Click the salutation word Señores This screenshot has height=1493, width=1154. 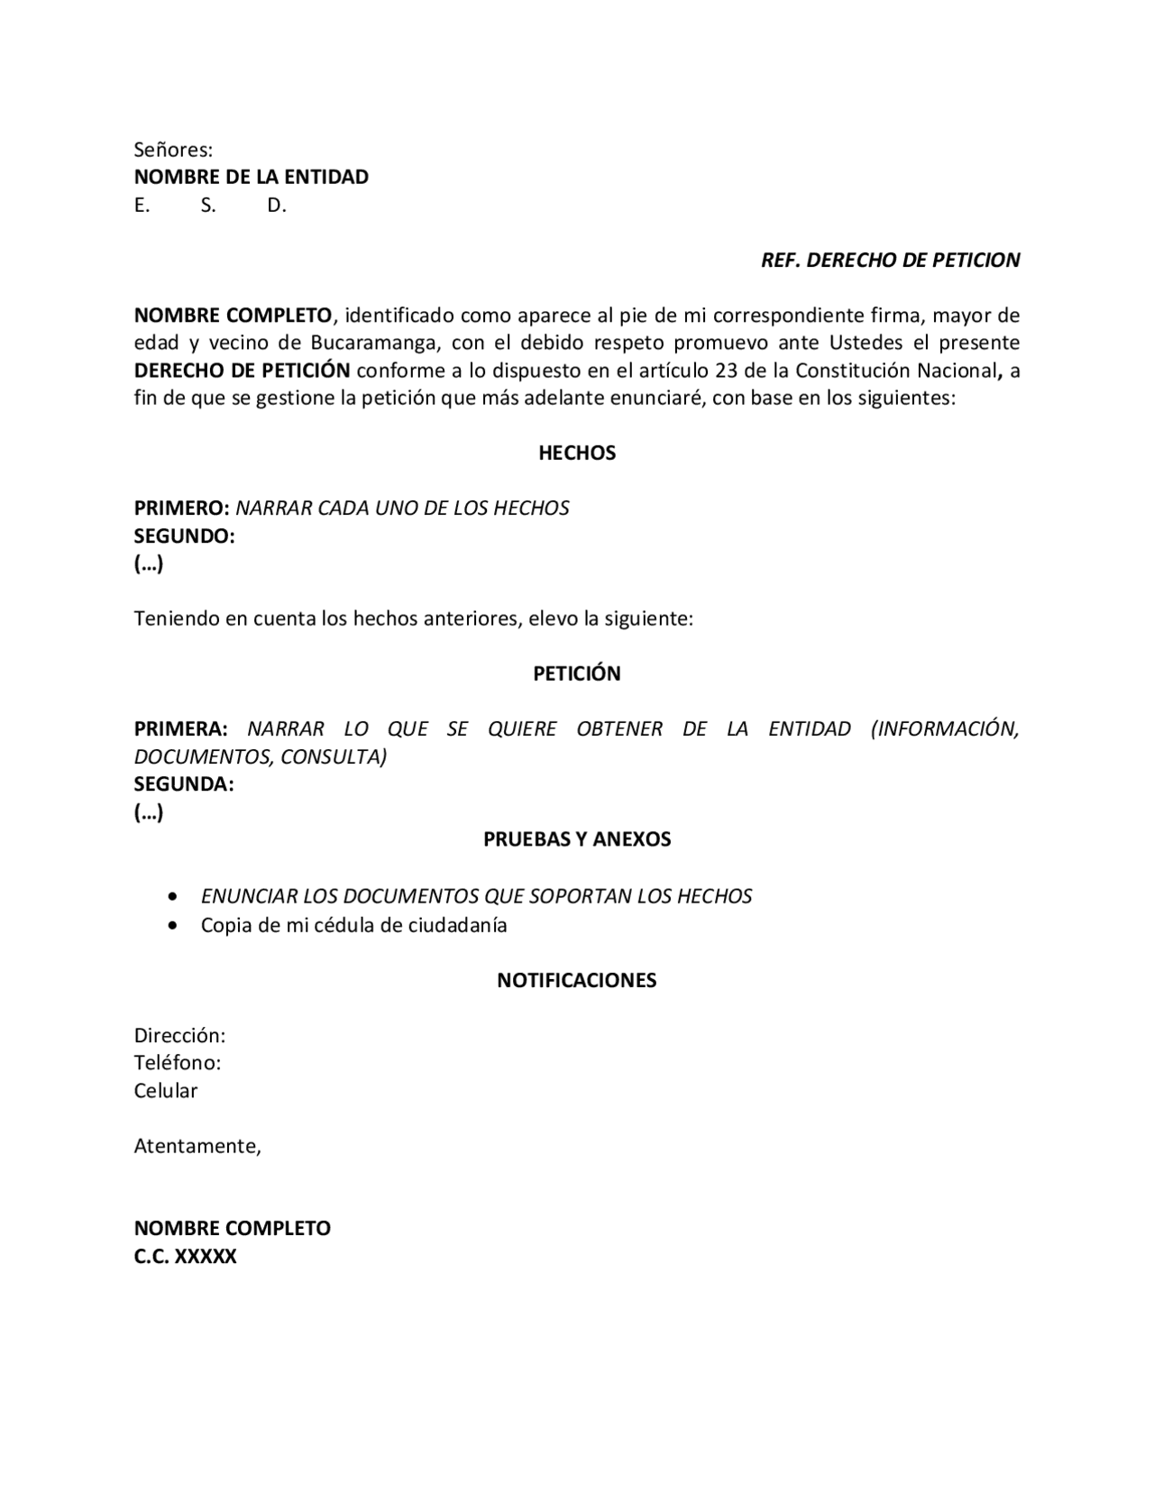[x=173, y=150]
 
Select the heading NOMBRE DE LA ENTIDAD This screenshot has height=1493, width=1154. [x=251, y=177]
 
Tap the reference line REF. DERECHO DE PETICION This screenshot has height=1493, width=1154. [x=890, y=261]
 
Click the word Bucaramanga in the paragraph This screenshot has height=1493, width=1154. [x=375, y=343]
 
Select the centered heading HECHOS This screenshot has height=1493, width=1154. [x=577, y=453]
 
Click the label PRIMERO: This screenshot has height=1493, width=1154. [x=181, y=508]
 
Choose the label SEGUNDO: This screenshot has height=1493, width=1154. [x=184, y=536]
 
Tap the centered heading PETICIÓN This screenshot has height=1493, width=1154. [x=577, y=673]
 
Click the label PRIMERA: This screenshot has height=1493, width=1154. [x=180, y=728]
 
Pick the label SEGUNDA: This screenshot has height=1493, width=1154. [x=184, y=784]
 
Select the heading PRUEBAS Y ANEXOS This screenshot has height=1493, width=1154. [x=577, y=839]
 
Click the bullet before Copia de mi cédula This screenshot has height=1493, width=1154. [x=173, y=926]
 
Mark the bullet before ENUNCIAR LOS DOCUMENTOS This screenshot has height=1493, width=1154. [x=173, y=897]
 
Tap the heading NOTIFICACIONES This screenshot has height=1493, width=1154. [x=577, y=980]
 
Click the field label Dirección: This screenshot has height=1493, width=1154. [x=179, y=1035]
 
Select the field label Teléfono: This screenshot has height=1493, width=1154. [x=178, y=1063]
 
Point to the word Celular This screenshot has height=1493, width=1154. [x=166, y=1091]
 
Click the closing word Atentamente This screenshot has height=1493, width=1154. [x=197, y=1147]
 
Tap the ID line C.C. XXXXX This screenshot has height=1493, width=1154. [x=185, y=1257]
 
